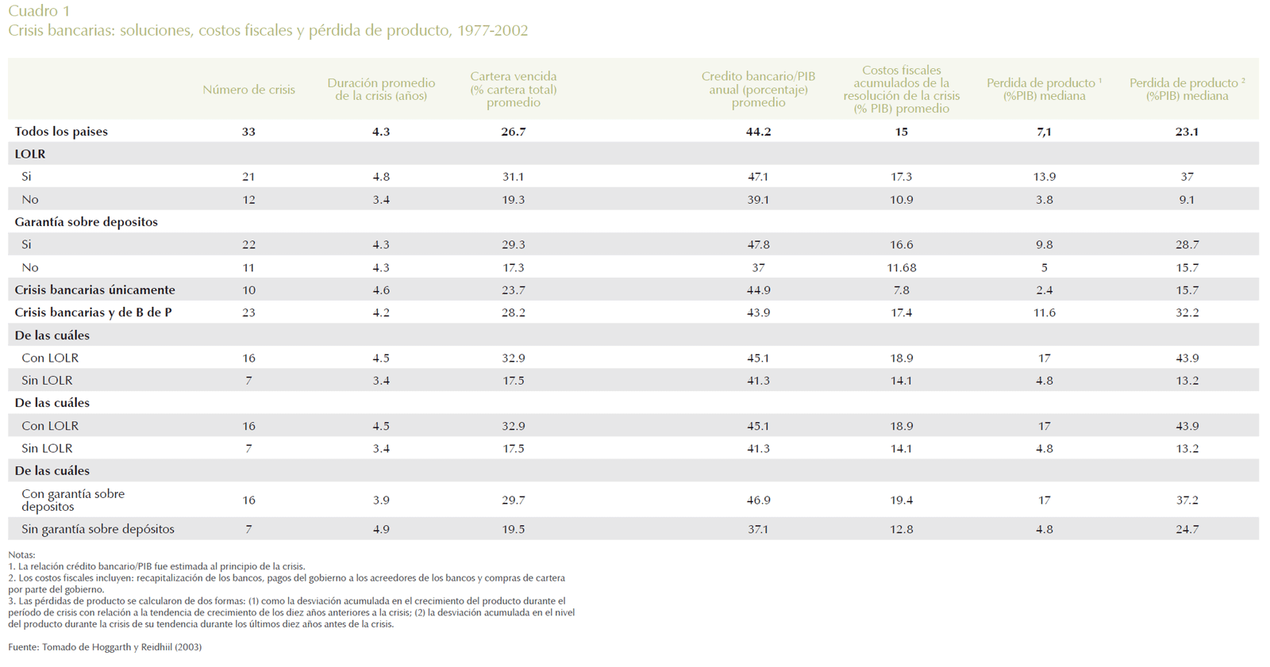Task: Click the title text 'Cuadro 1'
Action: point(39,11)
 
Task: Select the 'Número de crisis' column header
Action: point(248,90)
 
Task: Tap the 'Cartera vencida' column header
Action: point(513,89)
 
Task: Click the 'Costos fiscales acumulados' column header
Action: point(901,89)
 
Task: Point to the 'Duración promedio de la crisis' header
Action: point(381,89)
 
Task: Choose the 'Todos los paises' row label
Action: point(61,132)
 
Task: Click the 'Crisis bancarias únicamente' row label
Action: point(94,290)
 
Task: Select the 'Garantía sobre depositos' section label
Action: point(86,222)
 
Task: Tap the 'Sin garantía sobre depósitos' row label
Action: point(98,529)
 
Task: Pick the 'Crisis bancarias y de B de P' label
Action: point(93,312)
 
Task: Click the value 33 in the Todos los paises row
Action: point(248,132)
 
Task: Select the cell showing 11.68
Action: point(901,268)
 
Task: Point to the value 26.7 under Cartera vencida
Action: point(513,132)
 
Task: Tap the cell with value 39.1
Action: point(758,200)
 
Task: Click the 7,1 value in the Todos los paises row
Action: point(1044,132)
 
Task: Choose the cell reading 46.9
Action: point(758,500)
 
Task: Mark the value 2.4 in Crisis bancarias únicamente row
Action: point(1044,290)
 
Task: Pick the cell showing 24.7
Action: point(1187,529)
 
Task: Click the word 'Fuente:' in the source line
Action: point(23,647)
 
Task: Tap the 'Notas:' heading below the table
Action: point(21,555)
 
